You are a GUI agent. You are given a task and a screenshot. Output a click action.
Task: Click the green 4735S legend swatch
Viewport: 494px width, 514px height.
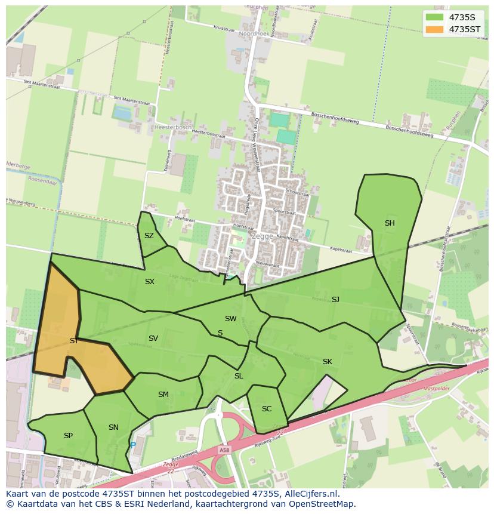[436, 17]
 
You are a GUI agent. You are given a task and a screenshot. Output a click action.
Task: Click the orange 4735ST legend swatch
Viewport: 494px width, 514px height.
[436, 29]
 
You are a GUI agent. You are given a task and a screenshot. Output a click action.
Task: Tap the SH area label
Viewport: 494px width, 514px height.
[390, 223]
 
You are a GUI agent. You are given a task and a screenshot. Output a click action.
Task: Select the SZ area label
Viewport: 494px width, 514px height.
[149, 236]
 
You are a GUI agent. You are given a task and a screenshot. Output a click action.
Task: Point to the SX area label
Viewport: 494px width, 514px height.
[150, 281]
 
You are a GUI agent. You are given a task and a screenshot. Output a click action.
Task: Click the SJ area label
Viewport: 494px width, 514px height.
[335, 299]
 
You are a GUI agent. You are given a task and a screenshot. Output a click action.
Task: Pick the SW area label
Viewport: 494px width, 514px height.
[231, 319]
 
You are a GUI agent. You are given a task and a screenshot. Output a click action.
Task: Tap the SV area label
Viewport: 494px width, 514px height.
[153, 338]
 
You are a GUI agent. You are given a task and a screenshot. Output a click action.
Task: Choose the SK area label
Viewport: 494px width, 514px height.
[328, 362]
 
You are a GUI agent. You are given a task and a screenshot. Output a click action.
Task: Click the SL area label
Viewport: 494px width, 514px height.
[239, 376]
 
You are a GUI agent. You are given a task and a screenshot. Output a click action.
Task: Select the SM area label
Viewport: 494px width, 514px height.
[163, 395]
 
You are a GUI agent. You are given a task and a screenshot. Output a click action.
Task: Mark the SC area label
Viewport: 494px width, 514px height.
[267, 409]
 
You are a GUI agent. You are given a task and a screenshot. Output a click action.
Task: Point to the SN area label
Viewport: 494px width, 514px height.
[113, 427]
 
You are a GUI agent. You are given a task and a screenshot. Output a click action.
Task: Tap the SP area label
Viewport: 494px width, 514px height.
[68, 436]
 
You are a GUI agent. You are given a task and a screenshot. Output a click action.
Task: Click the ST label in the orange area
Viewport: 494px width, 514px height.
[74, 341]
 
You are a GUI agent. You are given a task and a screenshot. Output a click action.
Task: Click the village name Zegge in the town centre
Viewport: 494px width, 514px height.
[263, 236]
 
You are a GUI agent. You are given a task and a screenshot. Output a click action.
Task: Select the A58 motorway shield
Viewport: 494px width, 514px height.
[224, 450]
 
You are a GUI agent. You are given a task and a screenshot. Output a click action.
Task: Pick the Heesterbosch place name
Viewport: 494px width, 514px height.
[172, 127]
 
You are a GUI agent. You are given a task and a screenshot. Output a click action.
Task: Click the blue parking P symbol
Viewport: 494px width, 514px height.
[133, 445]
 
